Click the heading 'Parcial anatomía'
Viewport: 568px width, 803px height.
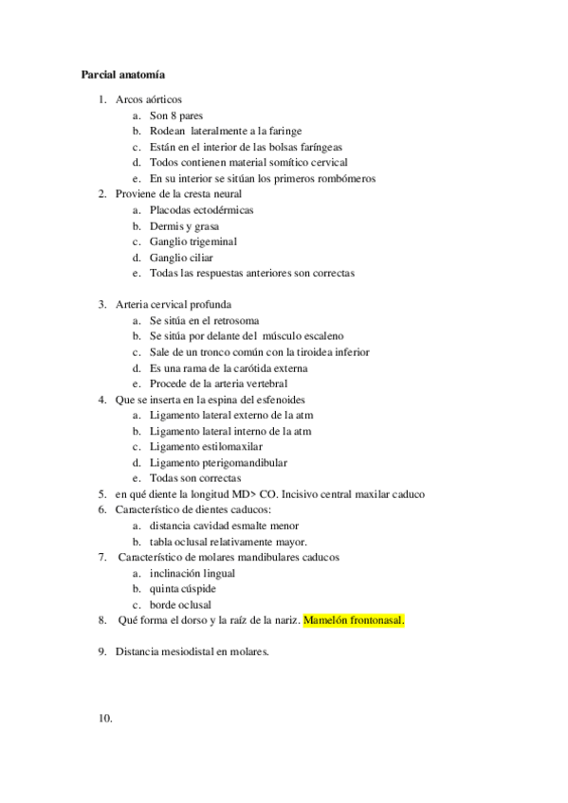125,72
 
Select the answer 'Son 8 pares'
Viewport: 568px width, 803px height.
176,116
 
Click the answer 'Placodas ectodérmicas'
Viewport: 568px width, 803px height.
201,210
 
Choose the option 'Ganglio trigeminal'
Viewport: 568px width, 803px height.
192,241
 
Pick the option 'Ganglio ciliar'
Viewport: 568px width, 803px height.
181,258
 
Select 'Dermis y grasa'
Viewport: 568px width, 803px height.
184,226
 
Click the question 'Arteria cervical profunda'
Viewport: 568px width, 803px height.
173,304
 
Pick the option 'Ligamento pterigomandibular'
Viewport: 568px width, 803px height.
218,463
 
